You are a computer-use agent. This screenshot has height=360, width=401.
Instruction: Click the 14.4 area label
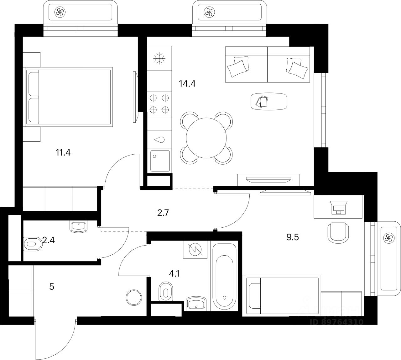pos(187,84)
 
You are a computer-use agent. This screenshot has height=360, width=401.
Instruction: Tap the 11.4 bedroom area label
pos(63,153)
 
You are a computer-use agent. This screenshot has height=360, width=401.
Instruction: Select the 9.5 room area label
pos(293,237)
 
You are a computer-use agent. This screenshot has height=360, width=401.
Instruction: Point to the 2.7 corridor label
pos(163,213)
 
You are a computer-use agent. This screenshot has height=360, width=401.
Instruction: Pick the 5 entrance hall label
pos(52,287)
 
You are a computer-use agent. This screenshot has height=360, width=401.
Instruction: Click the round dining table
pos(206,137)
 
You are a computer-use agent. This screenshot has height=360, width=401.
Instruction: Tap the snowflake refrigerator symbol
pos(159,59)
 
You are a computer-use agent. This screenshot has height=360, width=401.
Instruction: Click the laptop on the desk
pos(338,208)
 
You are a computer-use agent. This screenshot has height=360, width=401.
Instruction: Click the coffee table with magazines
pos(269,101)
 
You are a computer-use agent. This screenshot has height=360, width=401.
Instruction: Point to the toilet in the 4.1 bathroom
pos(166,292)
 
